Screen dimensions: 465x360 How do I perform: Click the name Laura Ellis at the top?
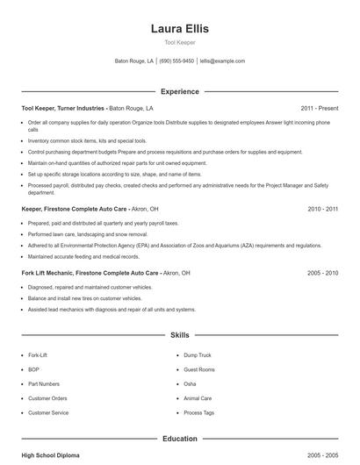(180, 28)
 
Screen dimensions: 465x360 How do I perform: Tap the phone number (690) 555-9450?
(176, 61)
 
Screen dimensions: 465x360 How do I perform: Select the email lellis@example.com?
(222, 61)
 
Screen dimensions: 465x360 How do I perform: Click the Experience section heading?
(180, 91)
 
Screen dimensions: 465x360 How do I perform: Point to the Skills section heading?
(180, 335)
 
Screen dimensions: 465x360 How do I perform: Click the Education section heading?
(180, 439)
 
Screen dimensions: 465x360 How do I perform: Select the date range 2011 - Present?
(320, 108)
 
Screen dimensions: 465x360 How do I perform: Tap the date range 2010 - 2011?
(322, 210)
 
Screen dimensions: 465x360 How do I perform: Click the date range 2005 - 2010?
(322, 273)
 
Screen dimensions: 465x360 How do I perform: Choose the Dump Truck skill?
(198, 355)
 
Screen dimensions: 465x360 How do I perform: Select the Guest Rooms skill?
(199, 369)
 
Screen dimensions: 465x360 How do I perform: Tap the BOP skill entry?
(33, 369)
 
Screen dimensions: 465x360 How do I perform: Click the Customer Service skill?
(48, 412)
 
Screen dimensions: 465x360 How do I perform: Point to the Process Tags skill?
(198, 412)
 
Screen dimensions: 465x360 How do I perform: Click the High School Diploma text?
(52, 455)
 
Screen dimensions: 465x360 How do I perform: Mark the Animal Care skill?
(198, 398)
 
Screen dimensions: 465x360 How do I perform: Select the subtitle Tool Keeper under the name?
(180, 42)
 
